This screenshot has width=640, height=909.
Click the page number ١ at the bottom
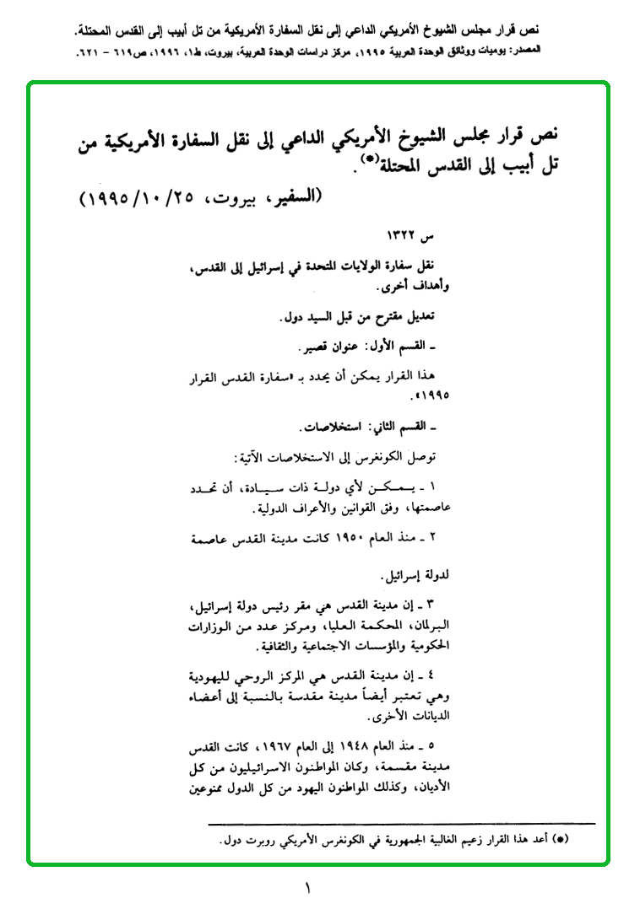(308, 889)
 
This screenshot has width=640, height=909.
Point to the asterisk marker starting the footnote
(567, 841)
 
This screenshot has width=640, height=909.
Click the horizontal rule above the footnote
(401, 823)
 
